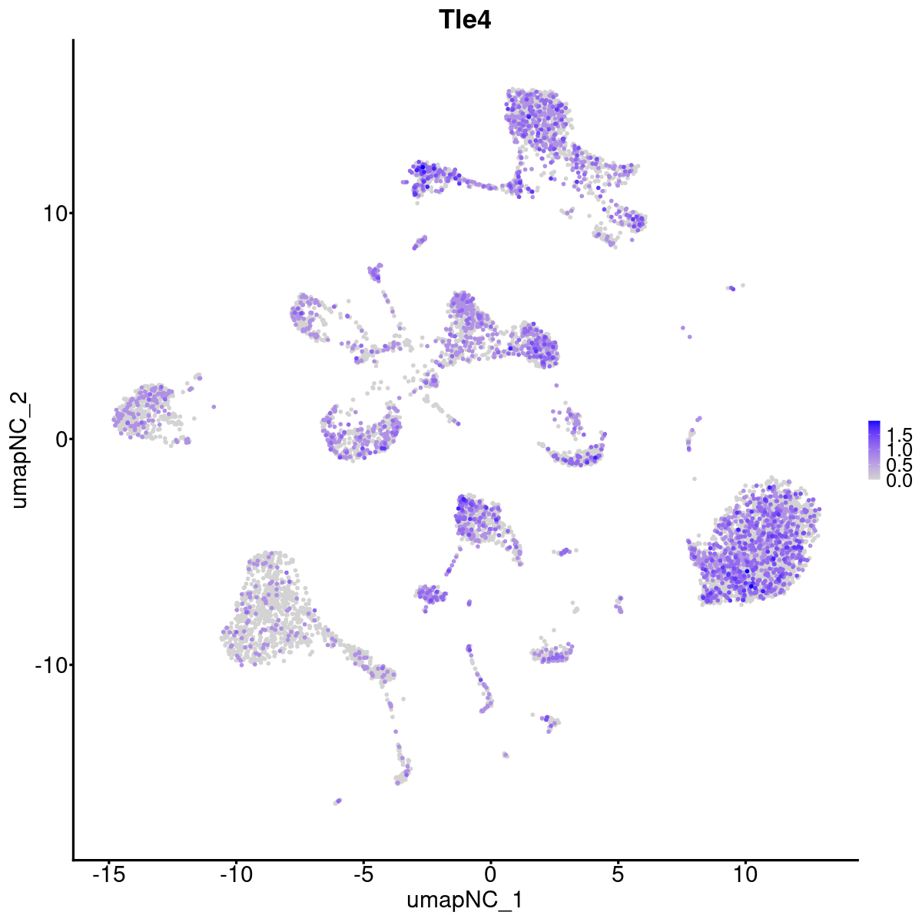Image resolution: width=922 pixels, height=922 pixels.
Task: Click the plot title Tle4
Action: tap(465, 20)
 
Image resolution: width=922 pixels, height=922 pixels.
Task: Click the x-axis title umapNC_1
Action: tap(465, 900)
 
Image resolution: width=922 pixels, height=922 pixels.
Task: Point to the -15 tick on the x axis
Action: tap(109, 875)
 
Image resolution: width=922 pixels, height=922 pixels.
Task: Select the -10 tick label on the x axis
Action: tap(236, 875)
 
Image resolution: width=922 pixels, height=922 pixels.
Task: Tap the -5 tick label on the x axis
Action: tap(363, 875)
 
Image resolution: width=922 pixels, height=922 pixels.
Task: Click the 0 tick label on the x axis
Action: tap(490, 875)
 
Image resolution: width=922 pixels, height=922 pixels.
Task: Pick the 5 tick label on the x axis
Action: tap(618, 875)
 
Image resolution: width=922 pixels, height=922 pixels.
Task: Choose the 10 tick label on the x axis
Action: tap(745, 875)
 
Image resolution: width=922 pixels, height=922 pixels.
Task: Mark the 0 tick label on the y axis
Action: tap(59, 439)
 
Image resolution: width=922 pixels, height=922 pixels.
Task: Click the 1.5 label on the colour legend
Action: tap(899, 433)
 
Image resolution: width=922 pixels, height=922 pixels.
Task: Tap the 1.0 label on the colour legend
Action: tap(899, 449)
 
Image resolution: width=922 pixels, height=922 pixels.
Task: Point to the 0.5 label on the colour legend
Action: tap(899, 465)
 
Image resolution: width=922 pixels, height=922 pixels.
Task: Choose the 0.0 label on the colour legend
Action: tap(899, 481)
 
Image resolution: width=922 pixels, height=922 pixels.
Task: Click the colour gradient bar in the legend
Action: tap(874, 450)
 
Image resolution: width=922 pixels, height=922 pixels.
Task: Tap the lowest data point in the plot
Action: tap(337, 801)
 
